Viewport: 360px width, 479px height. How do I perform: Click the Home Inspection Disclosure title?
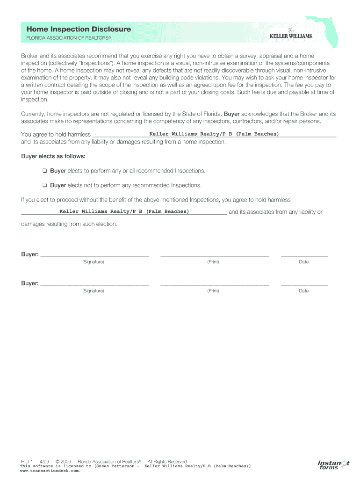(79, 29)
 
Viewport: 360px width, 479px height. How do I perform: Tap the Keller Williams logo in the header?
(290, 34)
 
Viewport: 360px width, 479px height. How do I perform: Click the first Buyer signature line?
(94, 255)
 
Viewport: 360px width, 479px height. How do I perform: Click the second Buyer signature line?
(94, 284)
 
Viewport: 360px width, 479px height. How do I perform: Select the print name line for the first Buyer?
(215, 255)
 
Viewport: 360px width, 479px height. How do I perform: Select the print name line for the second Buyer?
(215, 284)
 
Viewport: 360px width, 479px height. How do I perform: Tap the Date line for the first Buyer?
(304, 255)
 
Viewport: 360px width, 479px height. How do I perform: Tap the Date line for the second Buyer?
(304, 284)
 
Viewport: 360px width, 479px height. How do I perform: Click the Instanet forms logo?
(333, 464)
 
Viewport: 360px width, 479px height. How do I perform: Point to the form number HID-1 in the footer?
(27, 461)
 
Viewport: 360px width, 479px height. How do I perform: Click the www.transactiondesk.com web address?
(47, 471)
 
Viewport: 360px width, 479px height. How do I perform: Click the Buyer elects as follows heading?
(53, 156)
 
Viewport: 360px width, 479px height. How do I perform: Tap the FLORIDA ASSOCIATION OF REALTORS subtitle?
(69, 40)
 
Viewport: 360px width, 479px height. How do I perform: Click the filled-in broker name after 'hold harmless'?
(214, 134)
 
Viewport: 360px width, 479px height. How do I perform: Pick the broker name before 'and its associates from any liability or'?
(124, 211)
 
